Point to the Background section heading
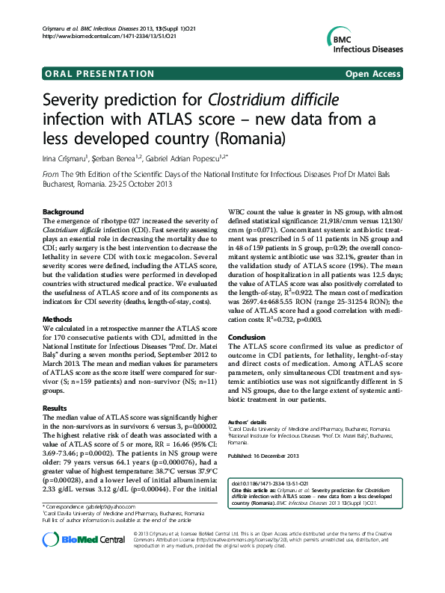(64, 212)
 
